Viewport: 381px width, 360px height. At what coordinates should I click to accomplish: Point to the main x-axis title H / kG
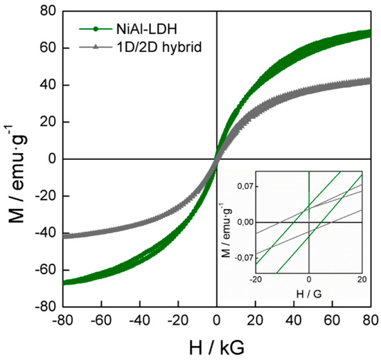[x=217, y=344]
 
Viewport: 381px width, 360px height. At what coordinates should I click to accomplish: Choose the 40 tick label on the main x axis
[x=294, y=321]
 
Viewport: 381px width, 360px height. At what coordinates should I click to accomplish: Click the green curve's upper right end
[x=369, y=33]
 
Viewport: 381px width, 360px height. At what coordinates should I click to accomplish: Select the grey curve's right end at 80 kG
[x=369, y=81]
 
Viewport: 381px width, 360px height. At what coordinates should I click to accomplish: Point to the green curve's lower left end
[x=64, y=282]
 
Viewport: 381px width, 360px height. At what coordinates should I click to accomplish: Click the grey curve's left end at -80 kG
[x=64, y=236]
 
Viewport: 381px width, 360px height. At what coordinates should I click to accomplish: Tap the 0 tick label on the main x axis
[x=217, y=321]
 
